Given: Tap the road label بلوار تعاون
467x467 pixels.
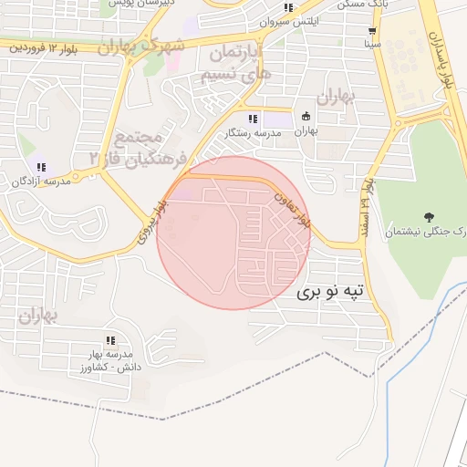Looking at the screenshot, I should point(294,209).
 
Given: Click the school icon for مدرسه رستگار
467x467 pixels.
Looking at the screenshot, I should point(253,119).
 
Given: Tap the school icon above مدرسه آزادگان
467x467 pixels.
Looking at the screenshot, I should point(41,166).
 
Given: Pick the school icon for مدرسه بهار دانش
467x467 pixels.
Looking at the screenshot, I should point(110,340).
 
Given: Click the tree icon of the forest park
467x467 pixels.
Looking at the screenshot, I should point(429,216).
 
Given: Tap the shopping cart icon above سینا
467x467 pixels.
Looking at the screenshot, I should point(372,29).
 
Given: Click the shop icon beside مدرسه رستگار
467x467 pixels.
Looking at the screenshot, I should point(305,116).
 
